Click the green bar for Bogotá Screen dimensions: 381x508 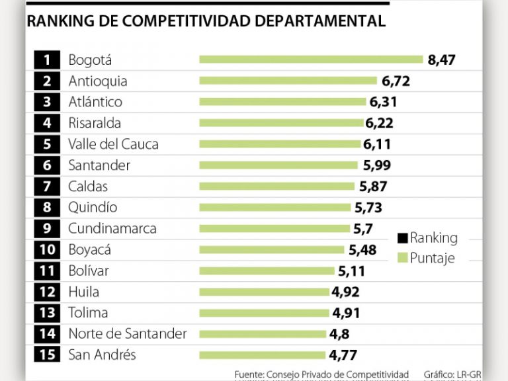click(x=311, y=60)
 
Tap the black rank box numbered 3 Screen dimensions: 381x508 click(x=47, y=102)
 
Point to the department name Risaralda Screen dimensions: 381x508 click(x=95, y=123)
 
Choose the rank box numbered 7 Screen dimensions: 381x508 click(x=47, y=187)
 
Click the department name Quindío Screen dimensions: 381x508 click(x=93, y=207)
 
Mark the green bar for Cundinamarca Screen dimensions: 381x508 click(x=275, y=228)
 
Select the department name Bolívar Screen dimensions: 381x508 click(x=89, y=271)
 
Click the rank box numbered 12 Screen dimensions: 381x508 click(x=47, y=292)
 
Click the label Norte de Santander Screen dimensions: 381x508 click(x=128, y=334)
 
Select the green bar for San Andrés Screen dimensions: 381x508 click(x=262, y=355)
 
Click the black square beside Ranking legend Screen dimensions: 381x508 click(x=402, y=238)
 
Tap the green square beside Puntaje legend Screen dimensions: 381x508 click(x=402, y=258)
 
